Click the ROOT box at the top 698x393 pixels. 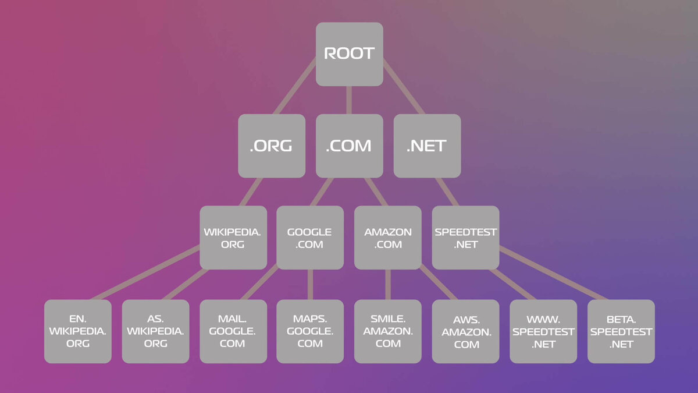(349, 54)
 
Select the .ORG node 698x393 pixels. (271, 146)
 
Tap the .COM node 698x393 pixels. (349, 146)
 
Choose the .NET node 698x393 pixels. (427, 146)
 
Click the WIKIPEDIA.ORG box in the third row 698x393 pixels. (233, 238)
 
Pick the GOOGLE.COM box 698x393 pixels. (309, 238)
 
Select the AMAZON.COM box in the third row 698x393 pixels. (387, 238)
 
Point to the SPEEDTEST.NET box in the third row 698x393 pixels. (465, 238)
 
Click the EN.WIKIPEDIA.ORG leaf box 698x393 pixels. (77, 331)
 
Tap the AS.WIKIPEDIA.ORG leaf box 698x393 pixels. (155, 331)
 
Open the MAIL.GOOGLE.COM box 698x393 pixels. (233, 331)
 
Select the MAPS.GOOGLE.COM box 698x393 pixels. (309, 331)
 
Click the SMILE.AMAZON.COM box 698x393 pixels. (387, 331)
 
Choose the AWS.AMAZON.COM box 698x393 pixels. (465, 331)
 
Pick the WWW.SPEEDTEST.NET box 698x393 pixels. (543, 331)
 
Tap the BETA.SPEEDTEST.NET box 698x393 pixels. (621, 331)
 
